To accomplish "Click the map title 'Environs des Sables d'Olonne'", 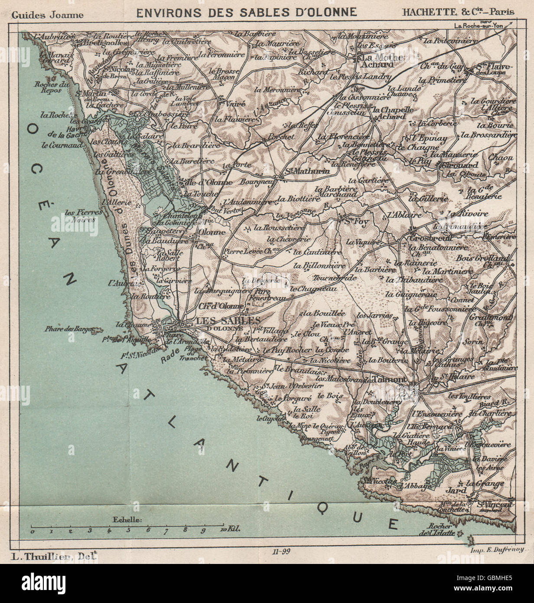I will (247, 12).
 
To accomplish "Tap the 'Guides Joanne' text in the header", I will (48, 13).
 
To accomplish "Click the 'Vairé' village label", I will (235, 104).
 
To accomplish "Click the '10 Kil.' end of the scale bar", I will (229, 530).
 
